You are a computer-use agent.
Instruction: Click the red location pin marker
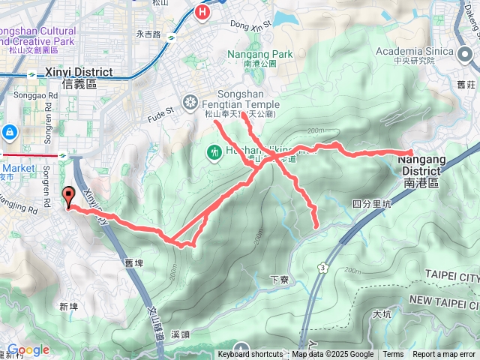coord(70,197)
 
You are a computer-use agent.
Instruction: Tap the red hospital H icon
coord(202,12)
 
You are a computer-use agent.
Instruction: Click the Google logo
coord(27,350)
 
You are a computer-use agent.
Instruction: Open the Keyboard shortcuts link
coord(250,355)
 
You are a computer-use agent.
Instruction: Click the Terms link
coord(393,355)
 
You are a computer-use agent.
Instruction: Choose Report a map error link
coord(444,355)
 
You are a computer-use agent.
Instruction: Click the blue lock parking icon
coord(10,133)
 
